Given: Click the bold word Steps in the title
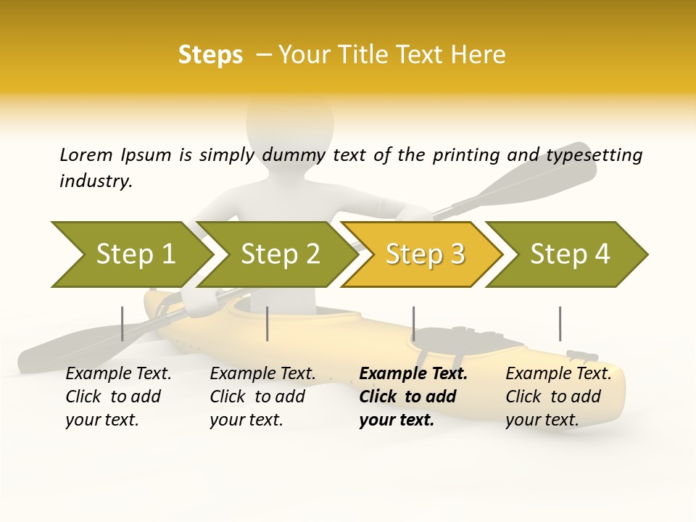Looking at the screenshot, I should coord(210,55).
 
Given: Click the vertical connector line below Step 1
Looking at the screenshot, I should coord(123,323).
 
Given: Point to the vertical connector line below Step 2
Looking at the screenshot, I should coord(268,323).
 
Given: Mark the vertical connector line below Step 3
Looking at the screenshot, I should coord(413,323).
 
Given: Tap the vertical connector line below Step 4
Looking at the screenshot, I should coord(560,323).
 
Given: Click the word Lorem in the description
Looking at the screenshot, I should coord(86,154).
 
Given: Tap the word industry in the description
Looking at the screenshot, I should coord(96,181).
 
